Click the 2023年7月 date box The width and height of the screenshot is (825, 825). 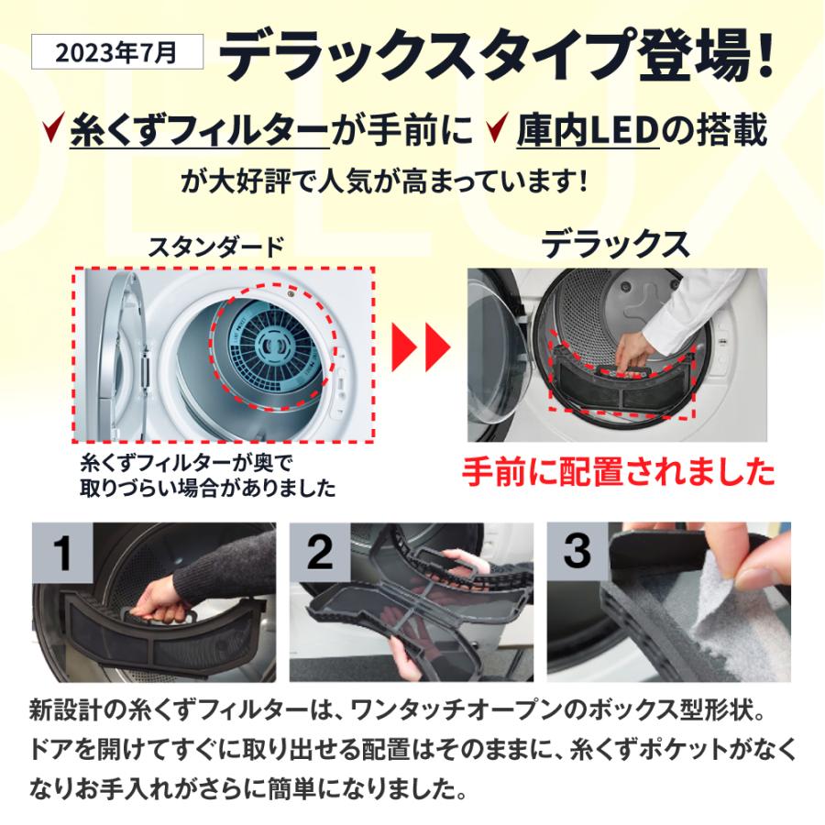(x=116, y=51)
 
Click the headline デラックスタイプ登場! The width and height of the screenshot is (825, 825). (x=500, y=57)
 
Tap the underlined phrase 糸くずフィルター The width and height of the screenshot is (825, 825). (x=199, y=131)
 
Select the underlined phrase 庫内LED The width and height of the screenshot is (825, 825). (x=588, y=131)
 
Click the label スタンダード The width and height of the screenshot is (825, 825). (x=216, y=247)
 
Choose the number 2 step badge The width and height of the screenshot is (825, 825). (x=320, y=553)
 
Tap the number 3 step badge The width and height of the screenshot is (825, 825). (x=577, y=552)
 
